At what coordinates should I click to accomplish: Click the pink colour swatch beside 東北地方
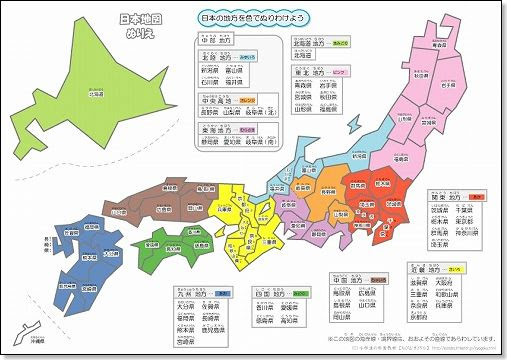coord(340,72)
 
